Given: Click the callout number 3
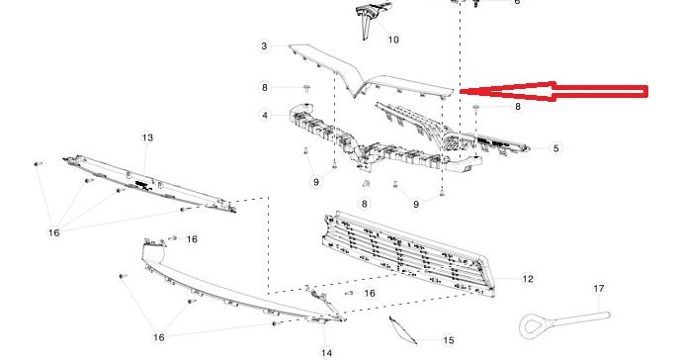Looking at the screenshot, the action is [264, 45].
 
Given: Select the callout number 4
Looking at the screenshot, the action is [265, 116].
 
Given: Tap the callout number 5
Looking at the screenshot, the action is [555, 148].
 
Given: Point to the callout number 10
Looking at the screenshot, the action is [393, 40].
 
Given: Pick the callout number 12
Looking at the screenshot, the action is [528, 279].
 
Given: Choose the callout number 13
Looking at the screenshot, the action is [147, 137].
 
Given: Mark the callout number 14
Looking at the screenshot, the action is [327, 353].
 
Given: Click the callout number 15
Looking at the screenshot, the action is [449, 340].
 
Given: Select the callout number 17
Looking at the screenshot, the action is [598, 288].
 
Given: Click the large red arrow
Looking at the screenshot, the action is [553, 91].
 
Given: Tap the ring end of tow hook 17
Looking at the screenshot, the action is [534, 326].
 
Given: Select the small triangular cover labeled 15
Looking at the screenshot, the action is [402, 329].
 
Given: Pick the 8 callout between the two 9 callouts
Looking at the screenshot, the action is [364, 204].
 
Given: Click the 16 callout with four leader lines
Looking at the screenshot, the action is [53, 233].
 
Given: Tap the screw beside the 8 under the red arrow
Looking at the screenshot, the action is [475, 107].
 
